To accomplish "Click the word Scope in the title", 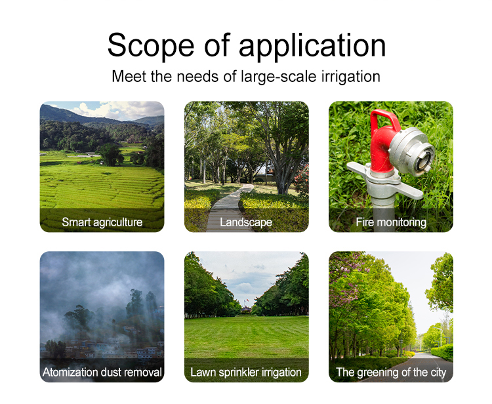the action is tap(151, 45).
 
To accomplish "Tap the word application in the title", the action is tap(312, 46).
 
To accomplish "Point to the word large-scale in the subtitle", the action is tap(279, 77).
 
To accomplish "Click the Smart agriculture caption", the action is tap(102, 222).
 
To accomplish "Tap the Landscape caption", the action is tap(246, 222).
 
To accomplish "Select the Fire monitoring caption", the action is tap(391, 222).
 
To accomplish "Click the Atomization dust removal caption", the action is tap(102, 373).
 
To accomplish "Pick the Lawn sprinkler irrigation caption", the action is tap(246, 373).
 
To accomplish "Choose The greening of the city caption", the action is tap(391, 373).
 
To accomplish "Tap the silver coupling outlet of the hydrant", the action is tap(412, 151).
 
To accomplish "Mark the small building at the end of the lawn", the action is tap(246, 310).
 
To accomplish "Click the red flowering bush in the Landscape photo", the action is tap(302, 180).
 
